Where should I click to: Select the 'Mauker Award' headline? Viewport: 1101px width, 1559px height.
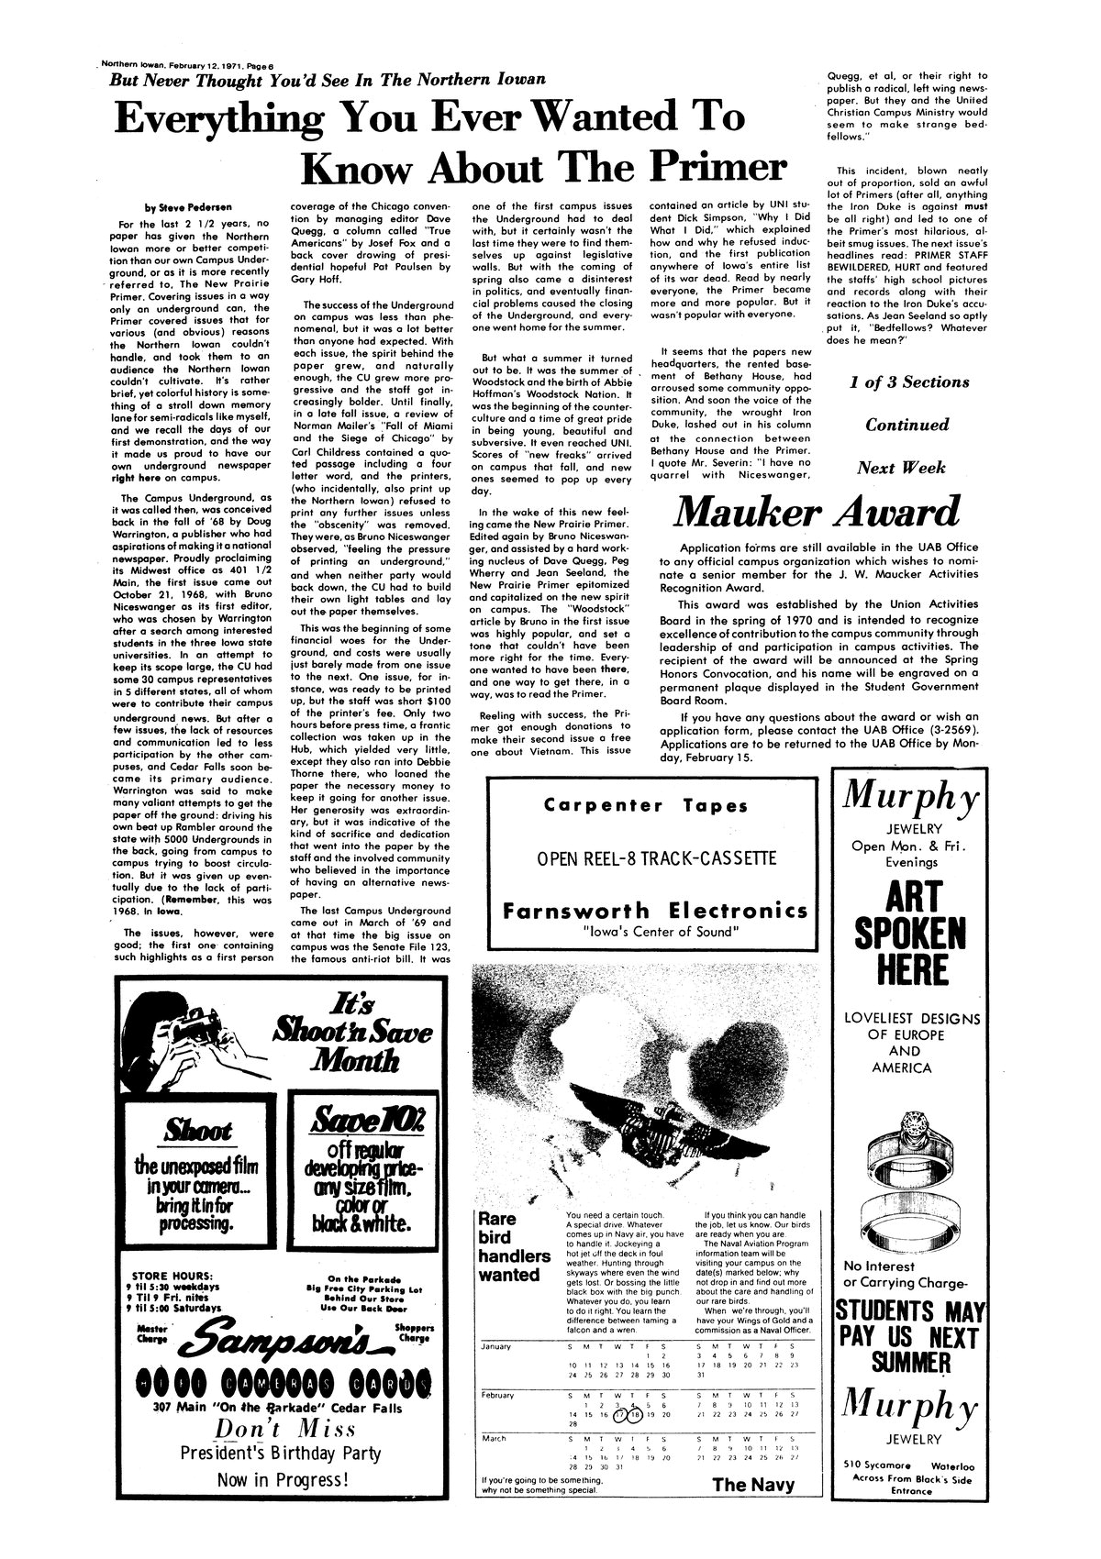817,512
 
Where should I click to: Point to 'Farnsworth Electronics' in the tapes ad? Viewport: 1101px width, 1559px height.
656,912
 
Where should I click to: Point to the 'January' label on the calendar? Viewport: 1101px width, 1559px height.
501,1346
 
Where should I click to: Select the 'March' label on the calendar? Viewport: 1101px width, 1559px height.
495,1438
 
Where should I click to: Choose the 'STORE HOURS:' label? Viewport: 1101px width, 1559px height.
173,1274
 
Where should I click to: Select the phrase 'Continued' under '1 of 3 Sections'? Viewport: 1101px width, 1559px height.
908,426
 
